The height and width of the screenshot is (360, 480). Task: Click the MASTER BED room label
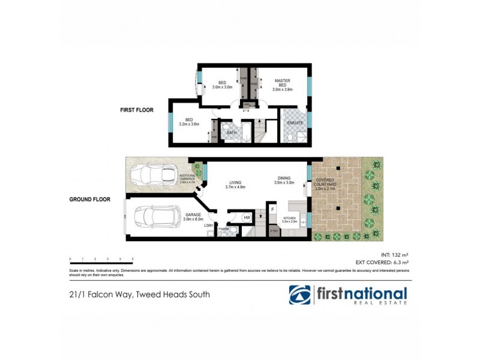282,85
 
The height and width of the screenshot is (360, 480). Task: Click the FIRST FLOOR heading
137,110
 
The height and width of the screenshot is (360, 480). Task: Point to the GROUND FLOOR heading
90,199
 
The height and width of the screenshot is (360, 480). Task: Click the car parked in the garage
157,217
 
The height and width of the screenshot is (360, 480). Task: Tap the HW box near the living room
247,217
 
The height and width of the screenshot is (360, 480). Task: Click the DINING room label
284,181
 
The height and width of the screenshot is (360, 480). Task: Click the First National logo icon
299,295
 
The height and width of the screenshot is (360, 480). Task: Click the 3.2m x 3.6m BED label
188,122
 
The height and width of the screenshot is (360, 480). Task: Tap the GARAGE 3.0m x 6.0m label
193,217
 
